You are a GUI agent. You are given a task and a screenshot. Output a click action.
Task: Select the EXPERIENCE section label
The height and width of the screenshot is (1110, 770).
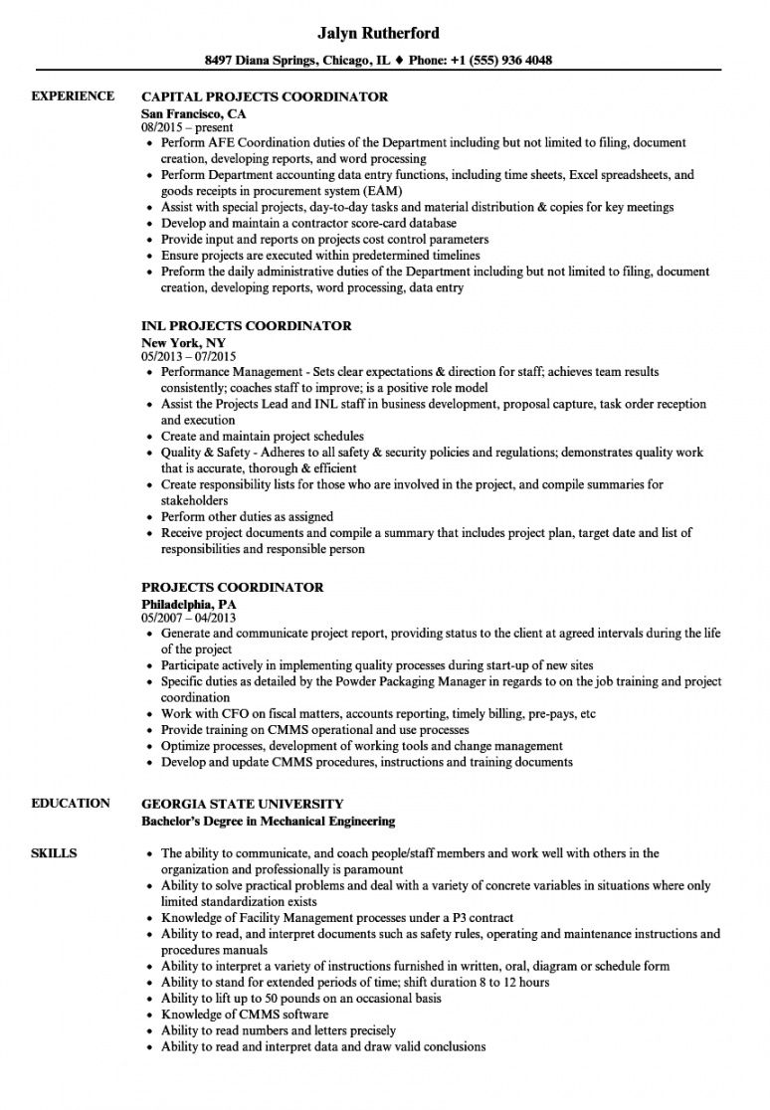[x=73, y=96]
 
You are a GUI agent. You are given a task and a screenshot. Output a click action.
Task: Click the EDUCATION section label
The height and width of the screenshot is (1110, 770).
[x=71, y=804]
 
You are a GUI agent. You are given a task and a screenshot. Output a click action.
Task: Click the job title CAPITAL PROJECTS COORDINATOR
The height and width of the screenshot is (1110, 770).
[x=265, y=97]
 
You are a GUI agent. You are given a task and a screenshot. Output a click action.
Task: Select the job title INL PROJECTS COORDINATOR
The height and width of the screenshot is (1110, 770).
[x=247, y=326]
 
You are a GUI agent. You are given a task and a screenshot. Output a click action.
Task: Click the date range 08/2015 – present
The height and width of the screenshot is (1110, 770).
[x=187, y=127]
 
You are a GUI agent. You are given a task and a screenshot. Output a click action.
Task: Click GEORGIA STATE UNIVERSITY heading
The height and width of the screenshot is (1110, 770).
[x=243, y=804]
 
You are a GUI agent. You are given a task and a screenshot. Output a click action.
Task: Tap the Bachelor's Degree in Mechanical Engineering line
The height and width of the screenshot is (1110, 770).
[x=268, y=822]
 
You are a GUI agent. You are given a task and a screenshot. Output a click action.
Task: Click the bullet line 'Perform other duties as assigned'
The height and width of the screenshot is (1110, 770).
[x=247, y=517]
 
